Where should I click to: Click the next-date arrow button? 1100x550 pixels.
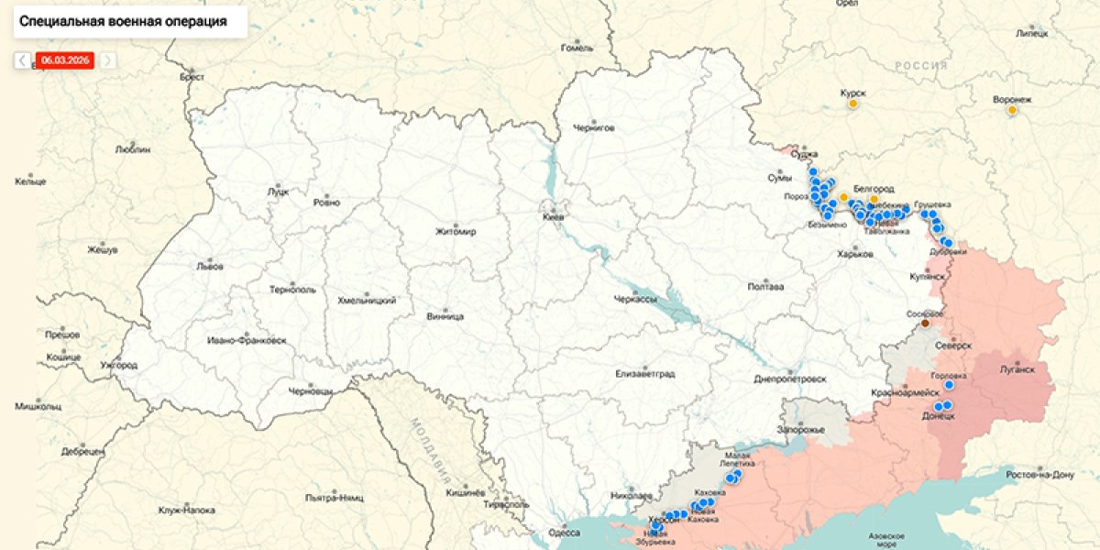coord(107,60)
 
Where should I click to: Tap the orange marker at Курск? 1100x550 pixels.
coord(852,104)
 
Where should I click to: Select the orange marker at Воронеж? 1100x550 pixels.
coord(1012,110)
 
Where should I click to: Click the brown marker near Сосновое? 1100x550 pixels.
coord(925,323)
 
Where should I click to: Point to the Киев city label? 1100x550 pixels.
coord(554,217)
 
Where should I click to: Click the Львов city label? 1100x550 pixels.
coord(210,267)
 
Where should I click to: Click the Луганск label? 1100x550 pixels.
coord(1017,369)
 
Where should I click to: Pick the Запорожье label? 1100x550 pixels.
coord(802,430)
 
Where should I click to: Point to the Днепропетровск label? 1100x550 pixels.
coord(789,379)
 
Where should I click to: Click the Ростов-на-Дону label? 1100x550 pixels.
coord(1039,474)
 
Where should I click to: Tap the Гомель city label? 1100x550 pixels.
coord(577,48)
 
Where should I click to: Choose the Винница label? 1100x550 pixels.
coord(445,317)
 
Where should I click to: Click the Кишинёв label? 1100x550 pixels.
coord(464,492)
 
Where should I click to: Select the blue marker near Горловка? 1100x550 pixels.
coord(949,385)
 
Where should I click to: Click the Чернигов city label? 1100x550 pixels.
coord(593,127)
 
